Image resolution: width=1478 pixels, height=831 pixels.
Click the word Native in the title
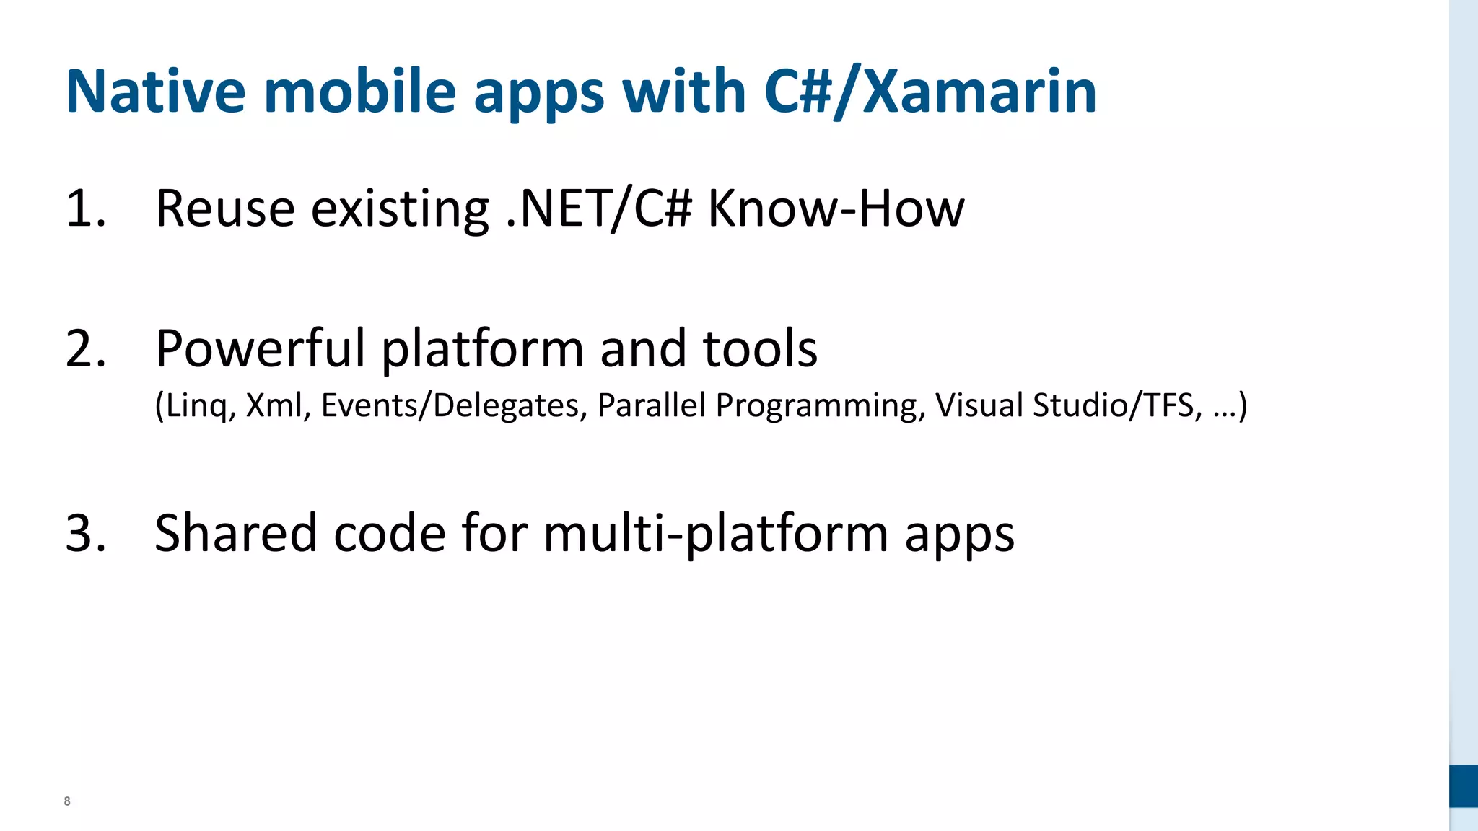tap(155, 92)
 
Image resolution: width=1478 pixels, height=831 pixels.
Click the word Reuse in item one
tap(224, 209)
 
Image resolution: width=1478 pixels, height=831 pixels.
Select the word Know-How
tap(835, 209)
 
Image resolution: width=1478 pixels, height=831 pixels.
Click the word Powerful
tap(261, 349)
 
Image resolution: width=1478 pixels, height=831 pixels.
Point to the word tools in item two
tap(759, 349)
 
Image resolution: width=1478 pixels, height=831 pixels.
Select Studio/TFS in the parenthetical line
tap(1118, 405)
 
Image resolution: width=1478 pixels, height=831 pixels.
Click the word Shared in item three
tap(235, 534)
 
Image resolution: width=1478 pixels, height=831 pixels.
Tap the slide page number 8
tap(67, 801)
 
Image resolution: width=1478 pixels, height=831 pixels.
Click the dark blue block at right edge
tap(1463, 786)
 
